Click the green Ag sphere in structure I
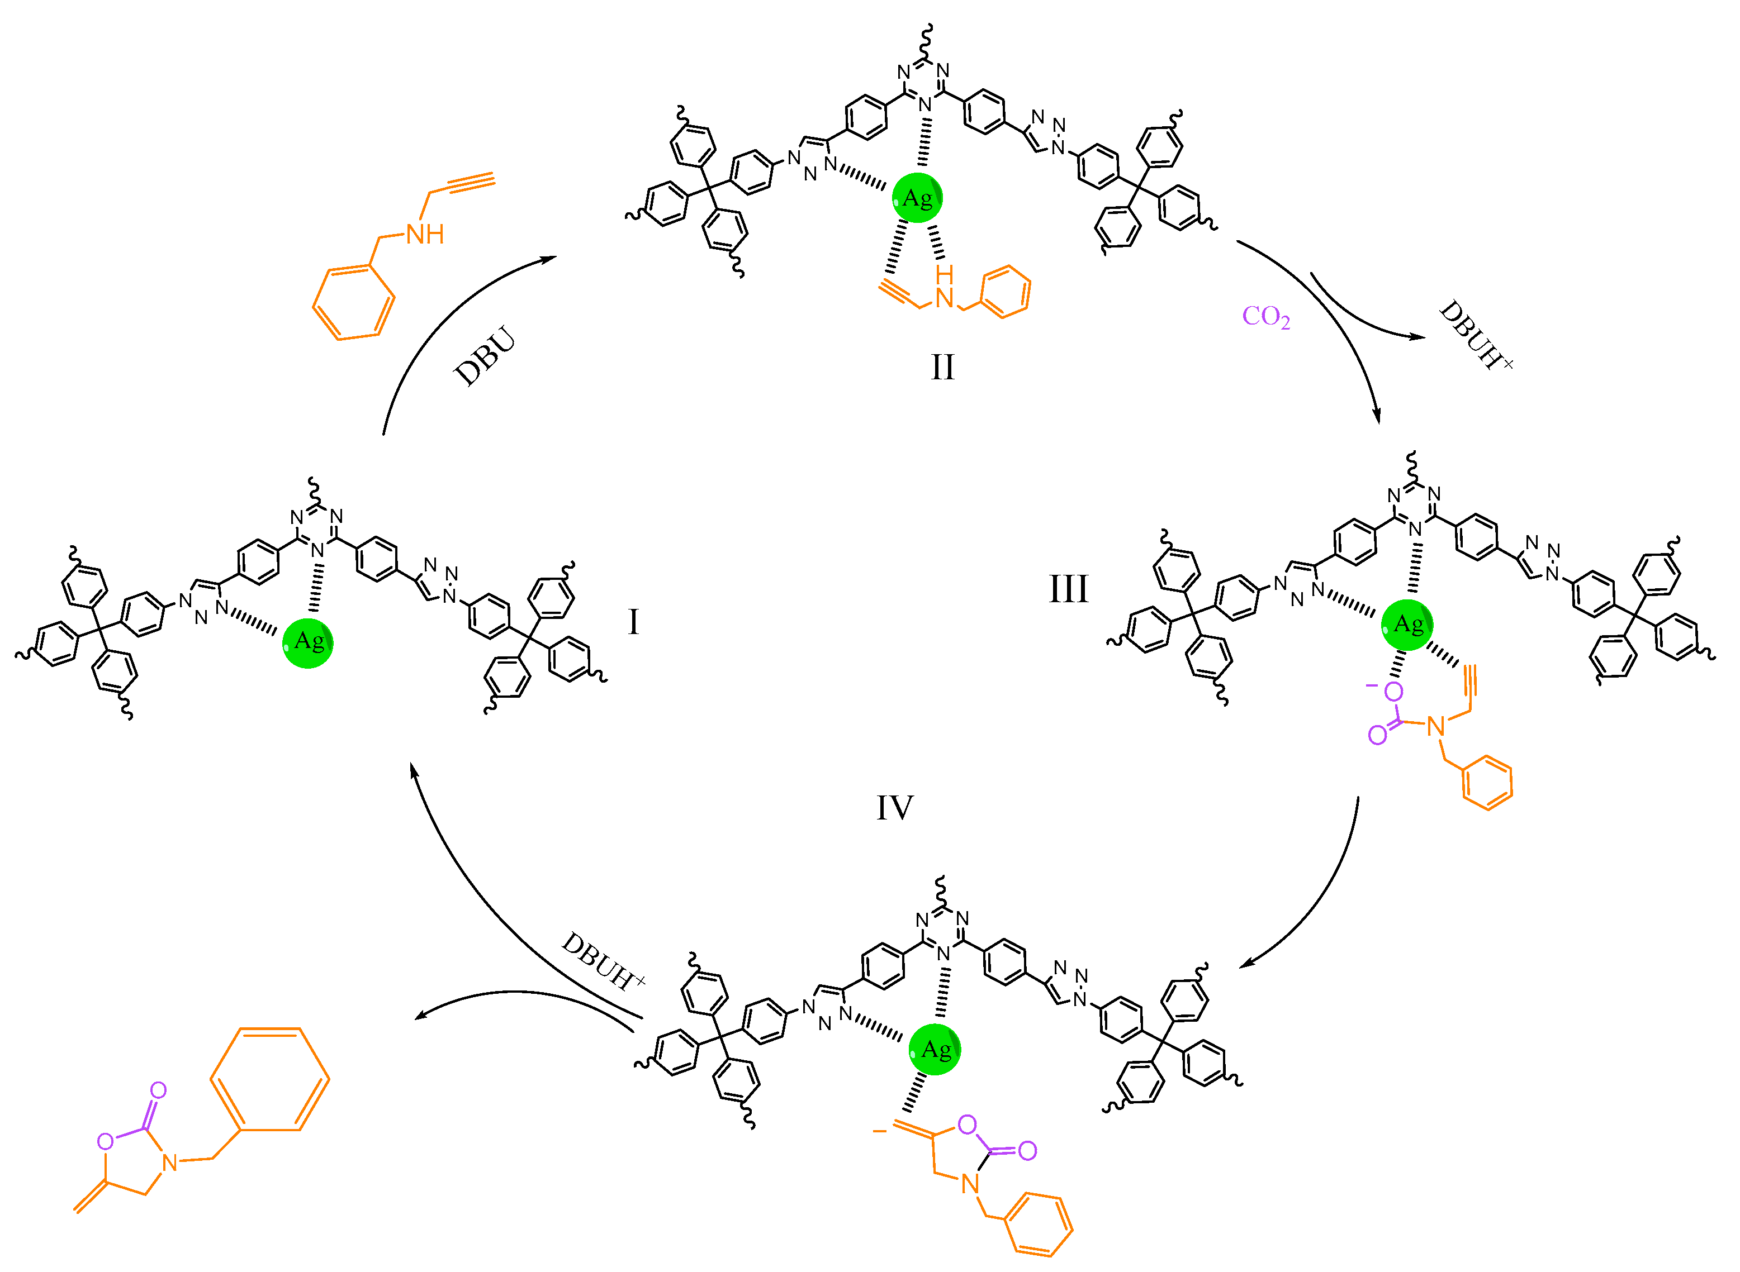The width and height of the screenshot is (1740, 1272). pos(308,642)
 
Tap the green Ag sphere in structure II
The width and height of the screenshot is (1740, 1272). pos(917,199)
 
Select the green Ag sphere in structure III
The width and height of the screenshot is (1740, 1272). pos(1407,625)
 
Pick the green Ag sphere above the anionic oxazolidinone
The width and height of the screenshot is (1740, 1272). pos(935,1050)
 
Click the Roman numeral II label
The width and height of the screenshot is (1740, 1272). pos(942,367)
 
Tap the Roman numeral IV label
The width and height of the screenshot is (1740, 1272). pos(894,808)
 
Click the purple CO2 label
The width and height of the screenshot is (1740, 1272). pos(1265,316)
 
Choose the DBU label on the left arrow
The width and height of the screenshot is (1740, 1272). pos(485,356)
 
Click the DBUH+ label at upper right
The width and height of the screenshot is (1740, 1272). pos(1473,336)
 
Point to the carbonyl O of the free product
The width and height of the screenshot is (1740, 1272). pos(158,1090)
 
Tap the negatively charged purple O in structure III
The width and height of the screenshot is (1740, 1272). pos(1393,692)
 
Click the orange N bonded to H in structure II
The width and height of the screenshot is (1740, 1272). pos(944,298)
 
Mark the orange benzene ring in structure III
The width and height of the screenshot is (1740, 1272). pos(1487,782)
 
